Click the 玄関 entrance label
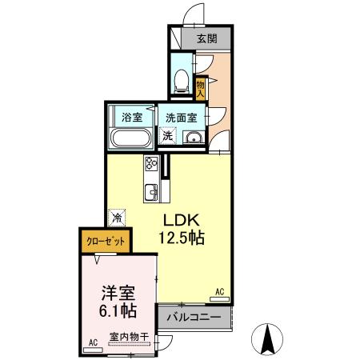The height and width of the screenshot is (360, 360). (x=207, y=38)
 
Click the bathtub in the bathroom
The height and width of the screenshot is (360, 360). (x=131, y=139)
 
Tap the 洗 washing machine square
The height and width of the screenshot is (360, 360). (x=166, y=135)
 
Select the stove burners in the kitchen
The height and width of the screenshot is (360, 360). (x=151, y=166)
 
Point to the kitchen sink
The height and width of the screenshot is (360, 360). (x=151, y=192)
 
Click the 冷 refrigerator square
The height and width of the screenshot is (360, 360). (x=117, y=216)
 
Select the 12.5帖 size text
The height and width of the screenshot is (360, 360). (x=182, y=238)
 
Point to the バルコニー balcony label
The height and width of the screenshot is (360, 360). (x=194, y=317)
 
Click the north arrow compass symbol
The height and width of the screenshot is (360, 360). (x=270, y=339)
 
